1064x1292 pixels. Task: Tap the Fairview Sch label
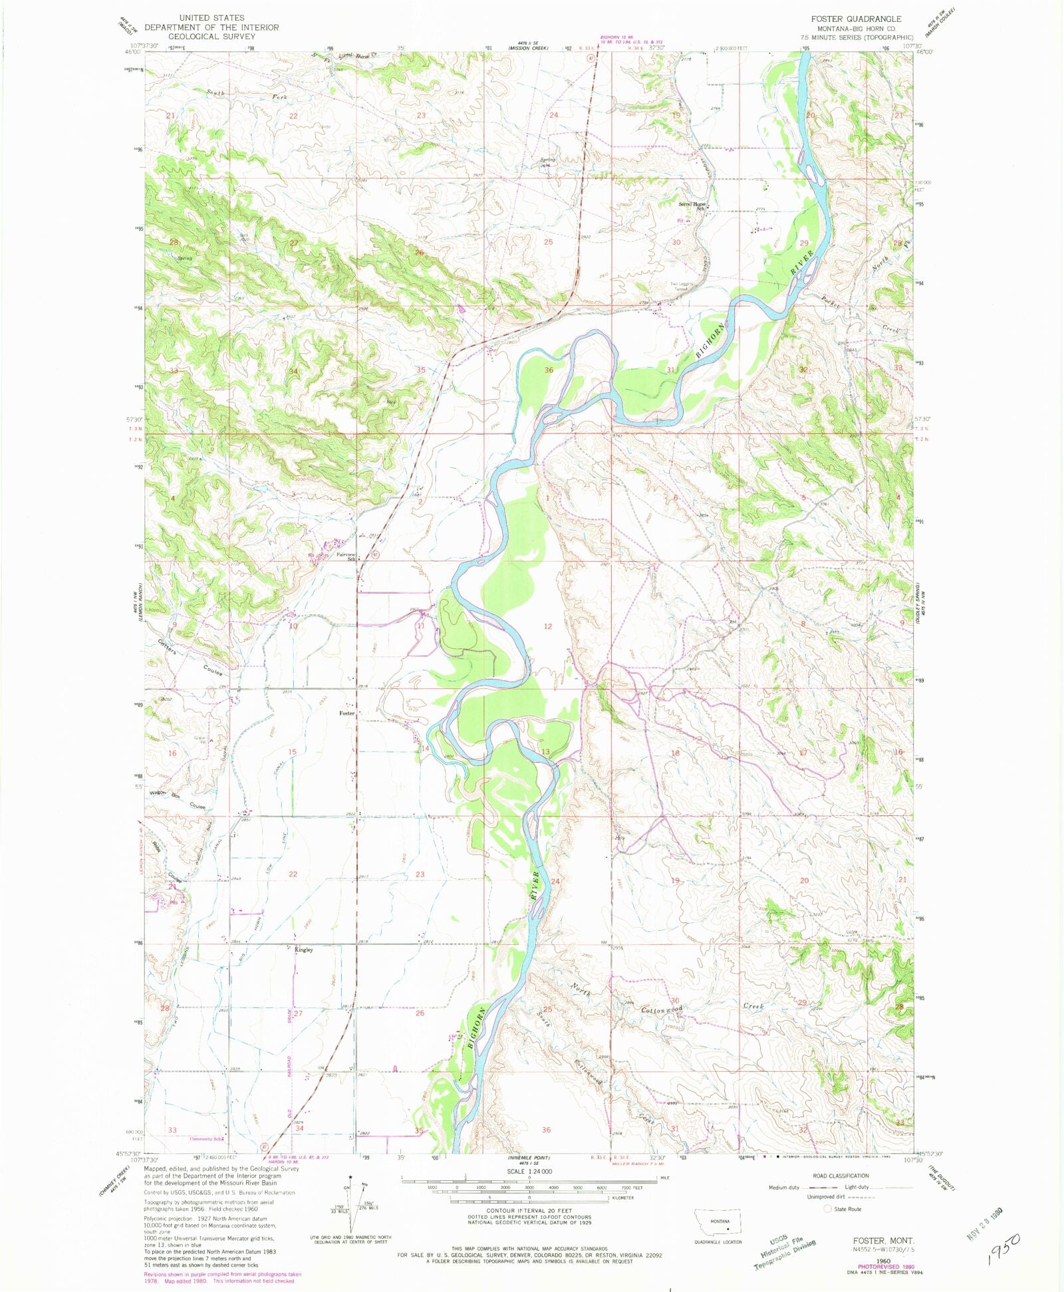[x=346, y=557]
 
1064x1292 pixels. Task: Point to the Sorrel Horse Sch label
[x=692, y=206]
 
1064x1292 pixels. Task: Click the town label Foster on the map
[x=346, y=713]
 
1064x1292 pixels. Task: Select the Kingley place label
[x=303, y=950]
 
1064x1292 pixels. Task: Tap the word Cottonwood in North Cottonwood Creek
[x=661, y=1010]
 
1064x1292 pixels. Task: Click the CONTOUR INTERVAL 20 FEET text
[x=529, y=1210]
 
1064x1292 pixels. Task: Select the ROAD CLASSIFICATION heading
[x=841, y=1176]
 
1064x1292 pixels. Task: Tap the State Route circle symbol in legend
[x=828, y=1209]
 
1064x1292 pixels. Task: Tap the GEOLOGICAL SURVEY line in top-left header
[x=211, y=36]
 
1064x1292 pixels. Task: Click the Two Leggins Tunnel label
[x=682, y=287]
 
